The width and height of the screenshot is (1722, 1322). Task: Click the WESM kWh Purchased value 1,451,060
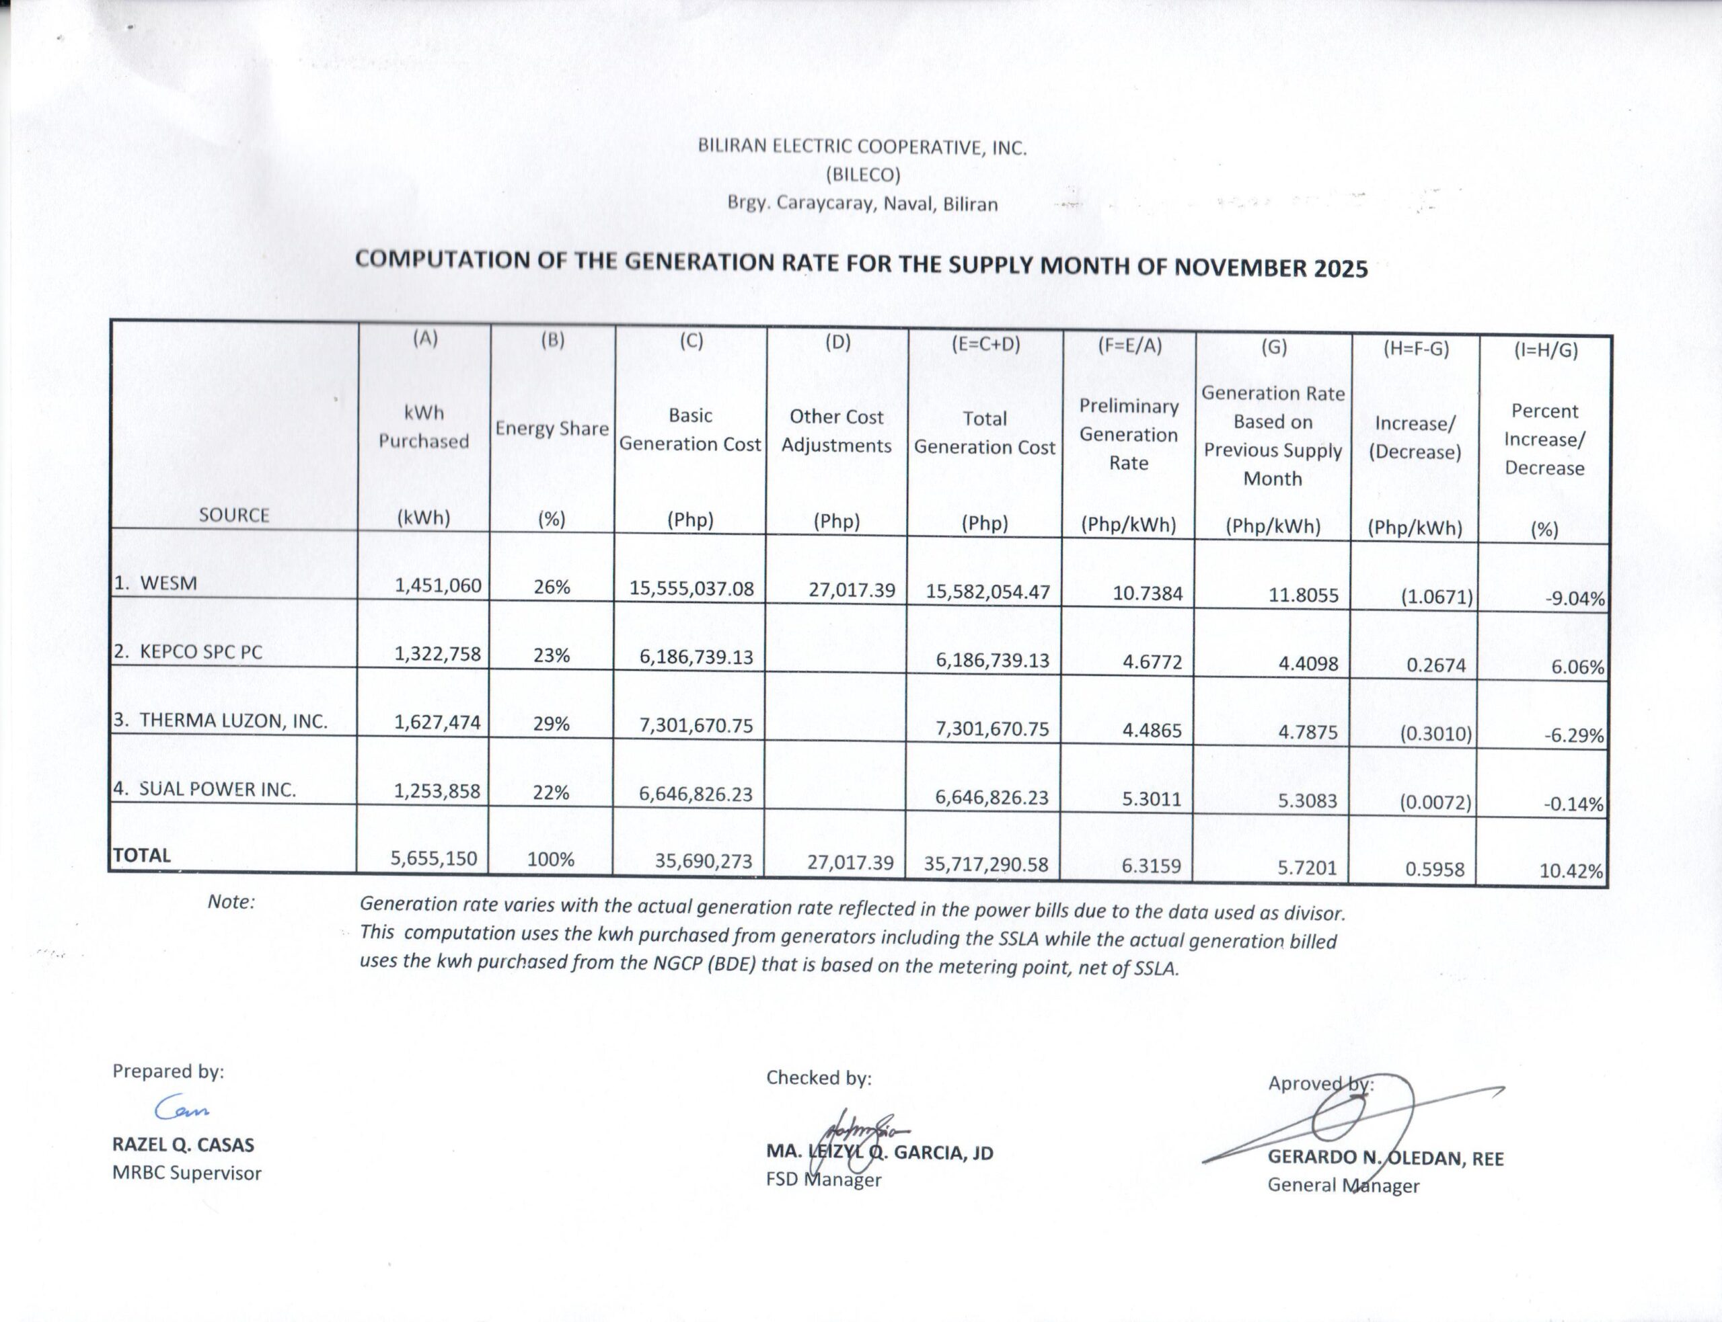click(438, 585)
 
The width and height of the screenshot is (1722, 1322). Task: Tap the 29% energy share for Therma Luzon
click(551, 723)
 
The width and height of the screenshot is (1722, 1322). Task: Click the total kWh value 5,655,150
click(434, 858)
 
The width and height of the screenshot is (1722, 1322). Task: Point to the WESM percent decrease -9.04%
click(1574, 599)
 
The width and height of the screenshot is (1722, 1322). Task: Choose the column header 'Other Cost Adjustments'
click(836, 431)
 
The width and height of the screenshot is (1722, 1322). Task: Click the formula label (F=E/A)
click(1129, 345)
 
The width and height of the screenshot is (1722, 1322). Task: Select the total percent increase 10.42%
click(1571, 871)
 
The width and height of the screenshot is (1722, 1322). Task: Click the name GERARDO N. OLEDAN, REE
click(1385, 1158)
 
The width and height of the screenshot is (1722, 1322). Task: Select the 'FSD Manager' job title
click(823, 1180)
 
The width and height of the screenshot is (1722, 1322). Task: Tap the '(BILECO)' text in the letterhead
click(863, 174)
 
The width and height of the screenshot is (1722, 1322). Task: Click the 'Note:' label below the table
click(231, 902)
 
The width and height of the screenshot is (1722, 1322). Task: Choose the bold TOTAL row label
click(142, 856)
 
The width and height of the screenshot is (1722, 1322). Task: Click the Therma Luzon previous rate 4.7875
click(1303, 732)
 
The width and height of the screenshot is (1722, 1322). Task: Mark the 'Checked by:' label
click(819, 1077)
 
